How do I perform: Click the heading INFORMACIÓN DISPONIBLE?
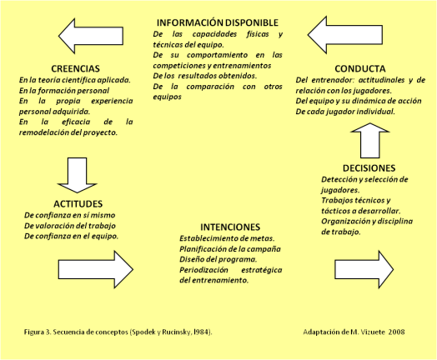point(217,22)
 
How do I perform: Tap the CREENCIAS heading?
point(76,68)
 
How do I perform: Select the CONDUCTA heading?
point(359,68)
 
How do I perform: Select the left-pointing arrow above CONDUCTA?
point(344,36)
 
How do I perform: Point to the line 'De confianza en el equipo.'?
point(71,236)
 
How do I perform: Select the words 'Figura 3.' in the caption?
point(40,332)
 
